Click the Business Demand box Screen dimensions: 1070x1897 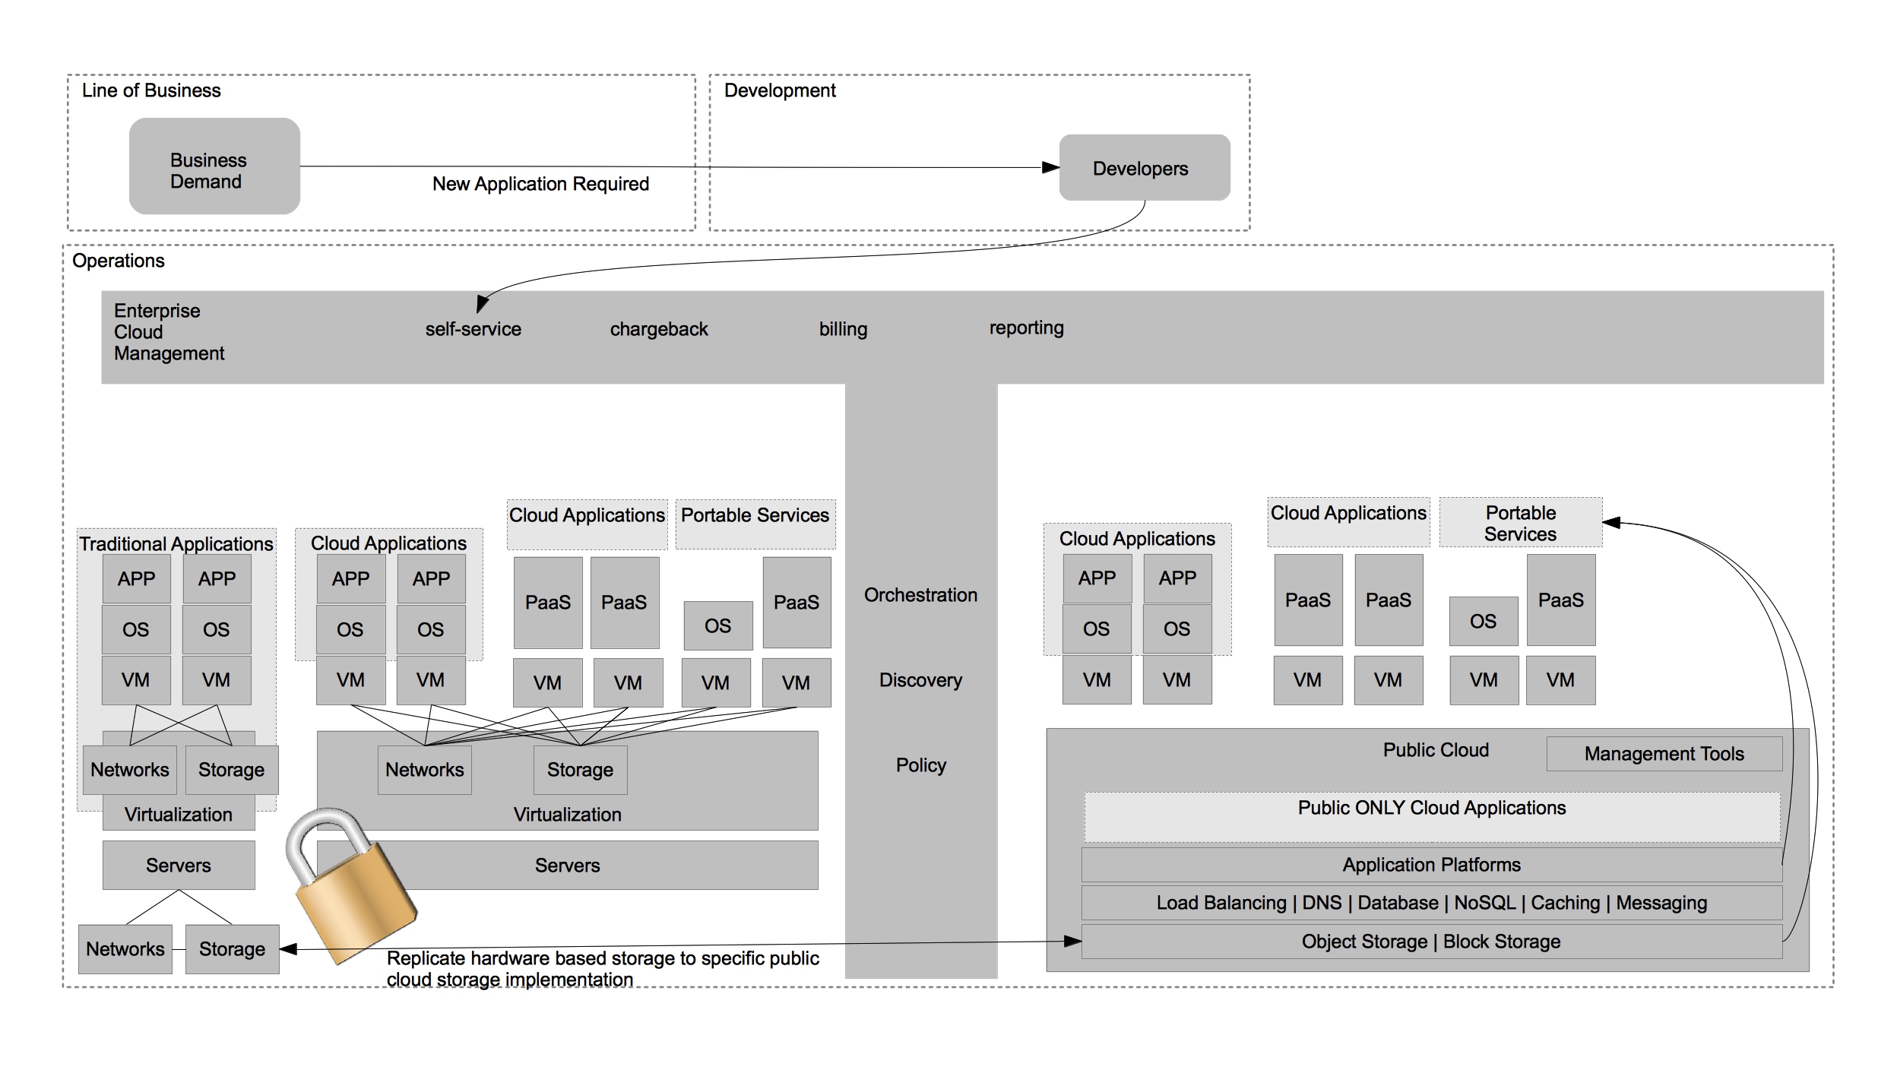coord(214,166)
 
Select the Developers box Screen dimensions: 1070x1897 coord(1144,168)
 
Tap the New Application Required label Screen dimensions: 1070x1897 coord(540,184)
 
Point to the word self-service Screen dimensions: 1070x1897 coord(473,329)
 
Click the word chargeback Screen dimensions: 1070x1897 coord(658,329)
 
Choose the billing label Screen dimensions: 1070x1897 coord(843,329)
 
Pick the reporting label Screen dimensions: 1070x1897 coord(1026,328)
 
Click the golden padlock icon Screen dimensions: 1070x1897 coord(350,885)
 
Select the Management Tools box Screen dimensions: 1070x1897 coord(1664,754)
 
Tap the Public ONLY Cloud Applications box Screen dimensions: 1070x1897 coord(1431,817)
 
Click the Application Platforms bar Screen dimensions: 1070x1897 coord(1431,865)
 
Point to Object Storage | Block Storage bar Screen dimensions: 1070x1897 coord(1431,942)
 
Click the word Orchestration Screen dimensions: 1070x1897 coord(920,595)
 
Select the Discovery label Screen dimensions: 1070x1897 coord(920,680)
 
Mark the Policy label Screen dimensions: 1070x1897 coord(920,765)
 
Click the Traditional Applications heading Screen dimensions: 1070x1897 coord(176,544)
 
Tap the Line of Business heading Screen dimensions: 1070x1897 coord(151,90)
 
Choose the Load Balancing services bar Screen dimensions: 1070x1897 coord(1431,903)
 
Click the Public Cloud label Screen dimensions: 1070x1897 coord(1435,750)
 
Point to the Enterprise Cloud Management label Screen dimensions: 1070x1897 coord(169,332)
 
